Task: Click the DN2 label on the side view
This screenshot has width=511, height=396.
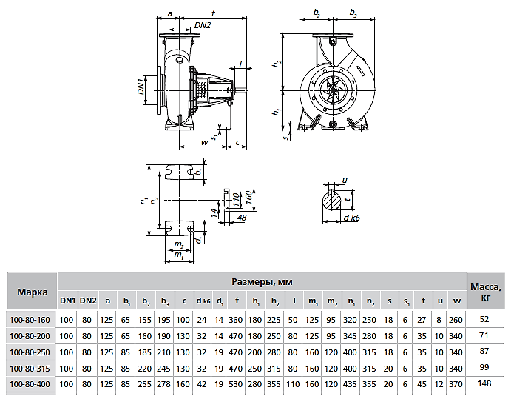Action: pos(203,25)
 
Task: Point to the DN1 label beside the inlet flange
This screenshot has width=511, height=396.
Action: pos(141,86)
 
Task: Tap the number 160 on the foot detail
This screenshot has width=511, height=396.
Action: pos(248,198)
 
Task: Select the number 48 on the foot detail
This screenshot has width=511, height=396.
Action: pos(242,218)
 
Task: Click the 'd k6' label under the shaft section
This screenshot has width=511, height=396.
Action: pos(352,218)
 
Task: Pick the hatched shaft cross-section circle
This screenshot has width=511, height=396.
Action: pos(331,201)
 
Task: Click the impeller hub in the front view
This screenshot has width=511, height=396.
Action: pos(333,90)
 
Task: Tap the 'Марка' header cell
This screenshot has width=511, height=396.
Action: pos(32,292)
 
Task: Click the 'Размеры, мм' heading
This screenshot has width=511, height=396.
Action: pos(262,281)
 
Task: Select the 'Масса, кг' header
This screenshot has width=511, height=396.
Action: pos(486,292)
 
